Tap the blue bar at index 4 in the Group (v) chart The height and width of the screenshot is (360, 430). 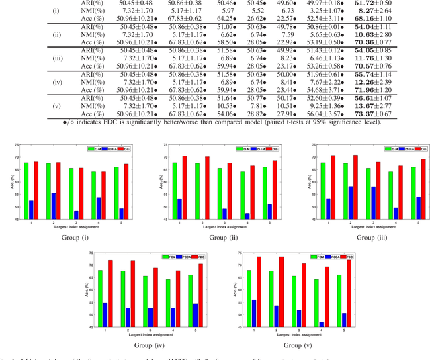321,324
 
